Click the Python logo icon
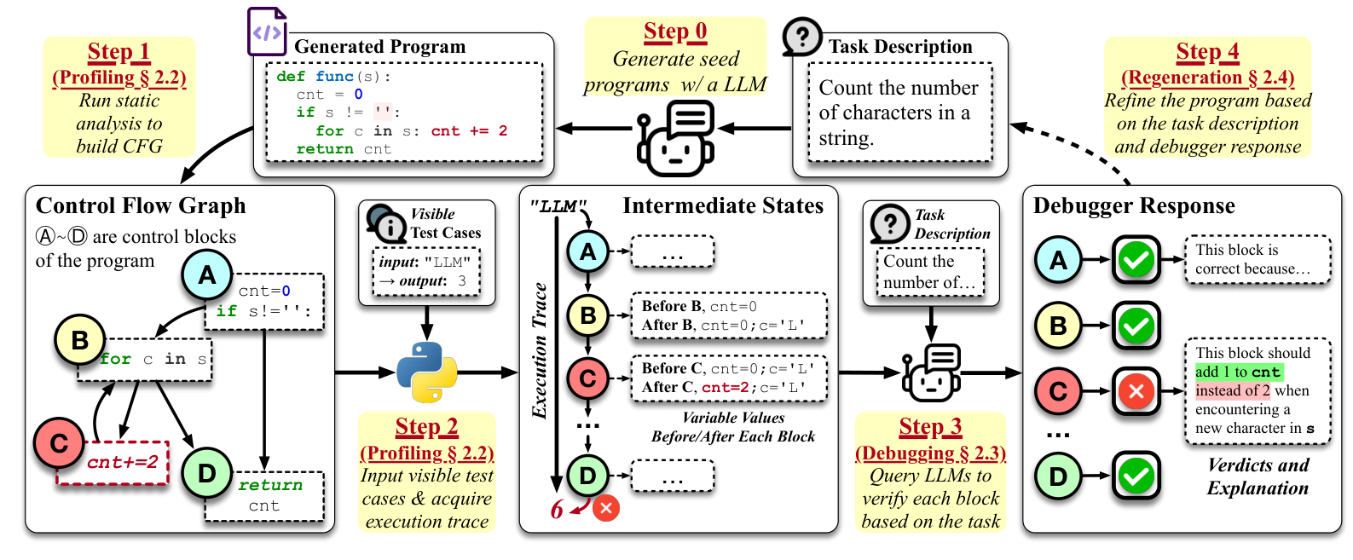coord(426,372)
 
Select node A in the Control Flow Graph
coord(207,274)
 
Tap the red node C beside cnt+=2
coord(59,443)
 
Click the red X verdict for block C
coord(1136,391)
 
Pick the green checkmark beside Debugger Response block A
coord(1136,260)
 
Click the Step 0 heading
coord(675,32)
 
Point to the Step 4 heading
coord(1207,53)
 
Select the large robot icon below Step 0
coord(675,138)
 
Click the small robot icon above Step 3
coord(931,372)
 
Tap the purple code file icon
coord(267,32)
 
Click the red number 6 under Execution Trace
coord(557,510)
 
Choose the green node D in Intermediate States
coord(587,476)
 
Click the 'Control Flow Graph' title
coord(141,206)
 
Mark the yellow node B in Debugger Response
coord(1058,326)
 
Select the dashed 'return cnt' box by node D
coord(264,496)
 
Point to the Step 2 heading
coord(426,427)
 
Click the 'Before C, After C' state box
coord(728,378)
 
